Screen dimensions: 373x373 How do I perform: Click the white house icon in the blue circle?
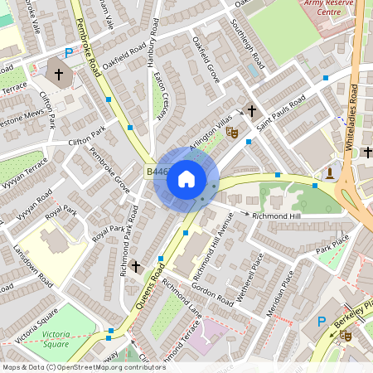[x=186, y=178]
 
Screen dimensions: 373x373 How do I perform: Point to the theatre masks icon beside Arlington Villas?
[x=233, y=131]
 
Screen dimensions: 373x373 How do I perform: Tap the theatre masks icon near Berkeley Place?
[x=345, y=335]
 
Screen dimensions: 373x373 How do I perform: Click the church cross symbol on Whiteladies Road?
[x=366, y=153]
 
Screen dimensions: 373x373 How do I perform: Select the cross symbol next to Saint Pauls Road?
[x=251, y=110]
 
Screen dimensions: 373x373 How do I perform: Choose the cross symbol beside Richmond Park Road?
[x=135, y=266]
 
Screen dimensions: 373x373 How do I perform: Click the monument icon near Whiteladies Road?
[x=329, y=173]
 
